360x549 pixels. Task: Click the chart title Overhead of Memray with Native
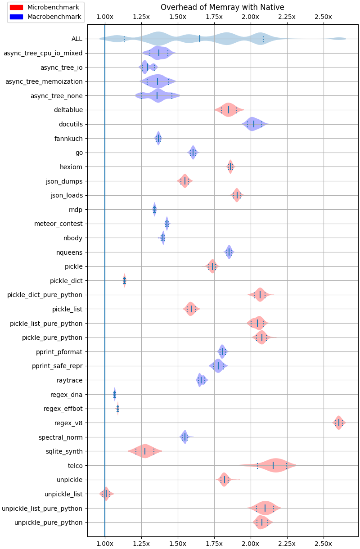tap(222, 7)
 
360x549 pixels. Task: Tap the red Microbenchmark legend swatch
tap(16, 8)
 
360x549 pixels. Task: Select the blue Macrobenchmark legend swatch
tap(16, 17)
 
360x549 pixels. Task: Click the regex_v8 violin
tap(338, 423)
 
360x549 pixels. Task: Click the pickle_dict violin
tap(124, 281)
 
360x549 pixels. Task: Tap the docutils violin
tap(254, 124)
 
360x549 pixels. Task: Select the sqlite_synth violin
tap(145, 451)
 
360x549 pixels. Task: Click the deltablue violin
tap(229, 109)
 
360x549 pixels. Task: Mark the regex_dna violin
tap(114, 395)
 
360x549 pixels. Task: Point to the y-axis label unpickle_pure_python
tap(49, 522)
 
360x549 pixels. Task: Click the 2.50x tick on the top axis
tap(324, 17)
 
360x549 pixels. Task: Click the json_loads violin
tap(237, 195)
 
